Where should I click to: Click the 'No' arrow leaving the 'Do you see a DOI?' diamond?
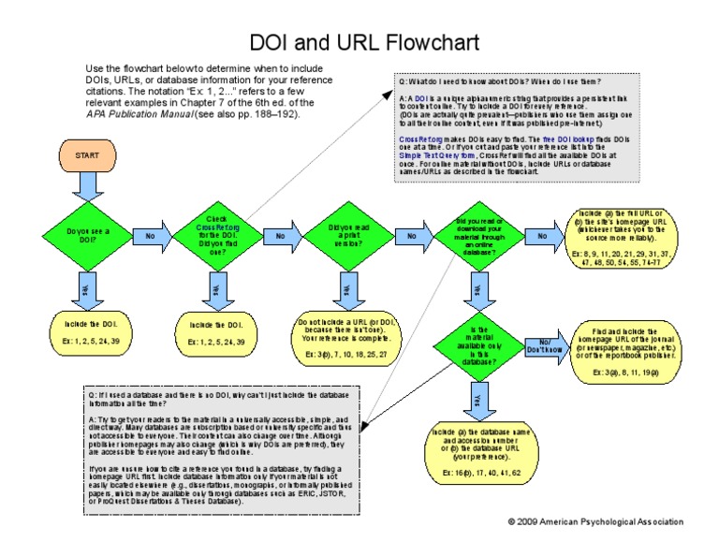pyautogui.click(x=150, y=236)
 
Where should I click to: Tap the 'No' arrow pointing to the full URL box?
pyautogui.click(x=542, y=237)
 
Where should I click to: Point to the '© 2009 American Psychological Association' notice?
pyautogui.click(x=595, y=521)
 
